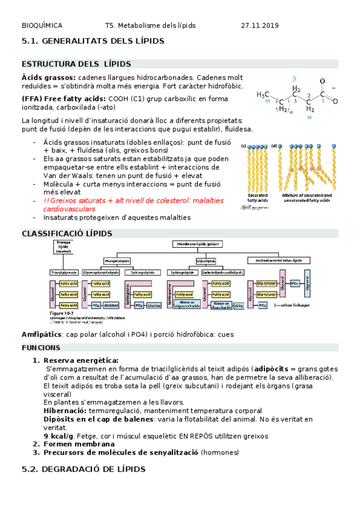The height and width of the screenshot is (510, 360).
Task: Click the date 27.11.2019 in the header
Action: [x=260, y=26]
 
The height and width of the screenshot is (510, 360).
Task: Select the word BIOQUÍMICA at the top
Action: [x=41, y=26]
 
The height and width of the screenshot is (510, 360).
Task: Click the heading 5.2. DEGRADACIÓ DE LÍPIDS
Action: [x=83, y=469]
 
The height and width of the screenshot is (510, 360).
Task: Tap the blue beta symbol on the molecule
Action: [x=294, y=79]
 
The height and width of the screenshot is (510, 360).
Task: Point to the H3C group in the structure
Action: [x=263, y=94]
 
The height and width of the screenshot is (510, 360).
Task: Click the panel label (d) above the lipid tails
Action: [x=274, y=146]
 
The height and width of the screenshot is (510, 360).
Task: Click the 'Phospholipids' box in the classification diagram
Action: [x=117, y=260]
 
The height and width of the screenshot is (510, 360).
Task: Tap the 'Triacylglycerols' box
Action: [x=64, y=272]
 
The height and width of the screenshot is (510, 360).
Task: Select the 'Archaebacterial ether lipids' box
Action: [x=279, y=260]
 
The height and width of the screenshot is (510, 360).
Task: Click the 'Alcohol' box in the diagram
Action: [x=111, y=305]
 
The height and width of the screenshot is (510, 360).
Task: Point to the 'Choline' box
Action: [x=152, y=305]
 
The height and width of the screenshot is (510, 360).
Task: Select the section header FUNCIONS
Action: [x=41, y=348]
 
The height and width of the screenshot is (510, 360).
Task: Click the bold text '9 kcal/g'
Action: [x=58, y=435]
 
